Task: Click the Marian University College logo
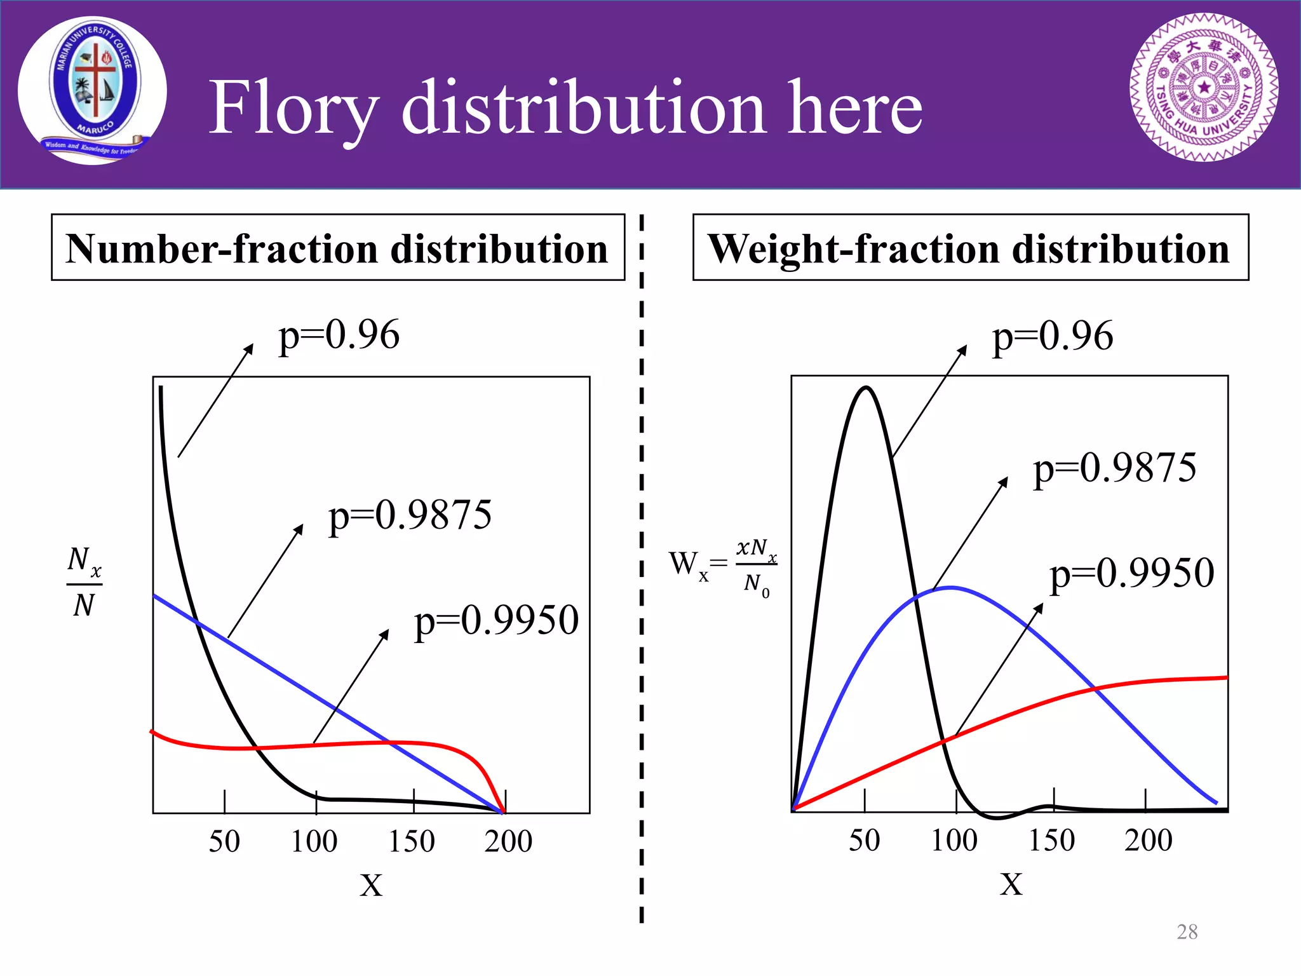93,91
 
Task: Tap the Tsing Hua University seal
1204,88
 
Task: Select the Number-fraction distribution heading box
338,248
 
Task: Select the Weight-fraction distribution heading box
970,248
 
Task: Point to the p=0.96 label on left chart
339,335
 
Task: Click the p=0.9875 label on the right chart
1114,468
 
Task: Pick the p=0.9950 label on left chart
496,621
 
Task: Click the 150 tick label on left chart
412,841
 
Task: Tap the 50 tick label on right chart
865,840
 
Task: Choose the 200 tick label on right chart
1148,840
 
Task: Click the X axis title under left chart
371,884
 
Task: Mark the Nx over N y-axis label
84,582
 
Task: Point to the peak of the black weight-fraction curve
866,387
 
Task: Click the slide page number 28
1187,932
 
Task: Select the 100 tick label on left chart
314,841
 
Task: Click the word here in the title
855,108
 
